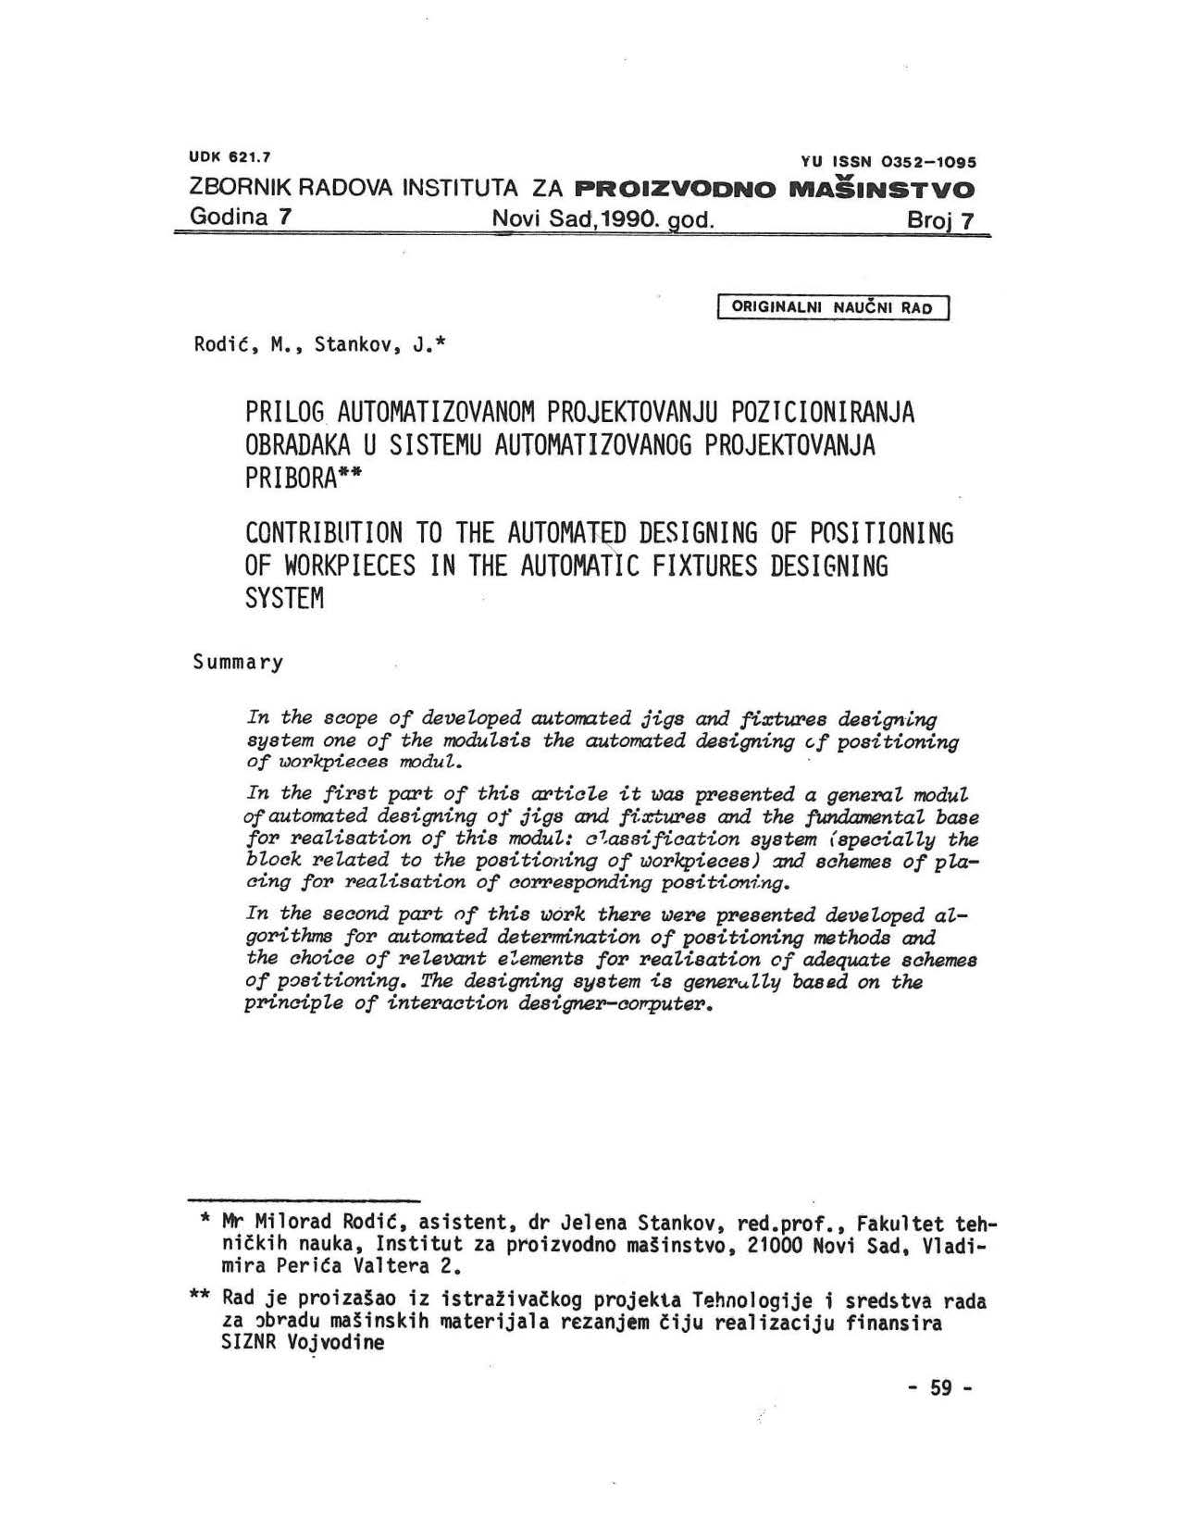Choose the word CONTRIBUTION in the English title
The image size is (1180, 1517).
pyautogui.click(x=324, y=533)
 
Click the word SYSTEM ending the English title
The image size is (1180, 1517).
pyautogui.click(x=285, y=599)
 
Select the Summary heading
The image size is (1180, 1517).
pyautogui.click(x=238, y=663)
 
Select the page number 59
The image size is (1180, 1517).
pyautogui.click(x=941, y=1388)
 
